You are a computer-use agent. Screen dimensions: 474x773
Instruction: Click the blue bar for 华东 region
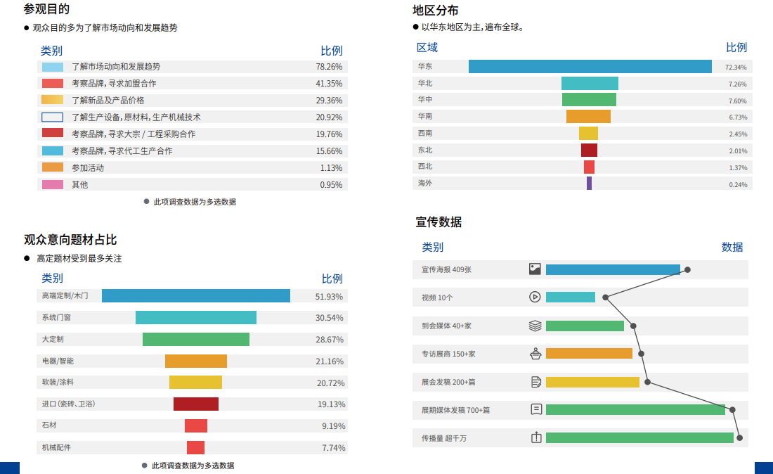point(590,67)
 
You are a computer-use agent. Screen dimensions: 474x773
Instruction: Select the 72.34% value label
point(736,68)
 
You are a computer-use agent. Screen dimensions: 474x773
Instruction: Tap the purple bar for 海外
point(589,184)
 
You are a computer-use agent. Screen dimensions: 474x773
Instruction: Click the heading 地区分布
point(436,11)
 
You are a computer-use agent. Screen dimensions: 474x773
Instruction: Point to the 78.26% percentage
point(329,67)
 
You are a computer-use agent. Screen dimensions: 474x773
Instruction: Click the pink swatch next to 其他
point(52,185)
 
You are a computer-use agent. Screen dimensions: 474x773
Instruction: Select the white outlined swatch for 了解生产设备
point(52,117)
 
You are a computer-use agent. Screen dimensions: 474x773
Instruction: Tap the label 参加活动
point(88,168)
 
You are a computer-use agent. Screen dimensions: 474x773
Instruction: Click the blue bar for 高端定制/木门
point(195,296)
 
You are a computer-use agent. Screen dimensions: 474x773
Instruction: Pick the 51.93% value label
point(329,297)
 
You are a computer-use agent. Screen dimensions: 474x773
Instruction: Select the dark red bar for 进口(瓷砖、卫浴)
point(196,404)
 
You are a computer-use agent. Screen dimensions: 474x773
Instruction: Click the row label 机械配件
point(56,448)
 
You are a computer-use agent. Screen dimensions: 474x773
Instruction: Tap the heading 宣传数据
point(439,222)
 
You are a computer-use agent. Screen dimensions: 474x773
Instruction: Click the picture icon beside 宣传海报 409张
point(535,269)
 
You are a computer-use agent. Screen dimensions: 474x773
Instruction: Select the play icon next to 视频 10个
point(535,297)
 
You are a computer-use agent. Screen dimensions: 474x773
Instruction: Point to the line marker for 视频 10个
point(605,297)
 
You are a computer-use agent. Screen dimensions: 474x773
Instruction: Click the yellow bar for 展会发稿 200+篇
point(592,383)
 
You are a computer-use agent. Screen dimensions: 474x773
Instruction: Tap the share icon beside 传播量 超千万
point(536,438)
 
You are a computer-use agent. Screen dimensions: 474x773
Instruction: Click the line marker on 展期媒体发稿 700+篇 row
point(732,410)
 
